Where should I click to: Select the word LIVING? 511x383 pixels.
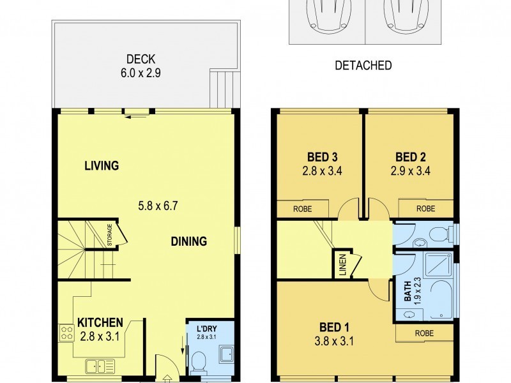pos(102,166)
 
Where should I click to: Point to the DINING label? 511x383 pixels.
pos(188,241)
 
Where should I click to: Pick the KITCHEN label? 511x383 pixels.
pos(100,322)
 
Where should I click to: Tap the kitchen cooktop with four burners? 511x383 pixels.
pos(66,332)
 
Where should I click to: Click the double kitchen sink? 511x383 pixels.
pos(99,366)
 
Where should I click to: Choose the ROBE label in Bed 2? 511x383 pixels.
pos(425,208)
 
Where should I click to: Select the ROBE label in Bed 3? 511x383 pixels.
pos(303,208)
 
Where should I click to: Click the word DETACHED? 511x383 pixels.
pos(363,65)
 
